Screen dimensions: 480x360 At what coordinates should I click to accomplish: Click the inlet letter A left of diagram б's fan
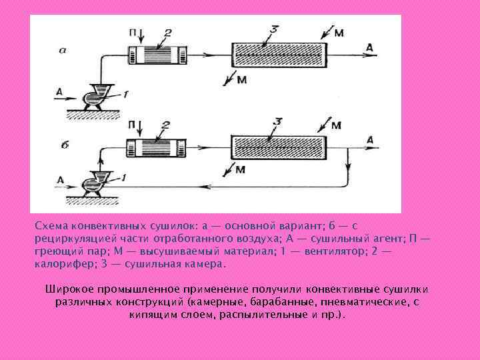click(61, 179)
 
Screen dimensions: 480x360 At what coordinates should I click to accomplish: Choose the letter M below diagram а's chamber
click(241, 81)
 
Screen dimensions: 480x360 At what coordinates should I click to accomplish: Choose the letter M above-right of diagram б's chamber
click(336, 125)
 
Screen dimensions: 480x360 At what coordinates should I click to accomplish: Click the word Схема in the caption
click(51, 225)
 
